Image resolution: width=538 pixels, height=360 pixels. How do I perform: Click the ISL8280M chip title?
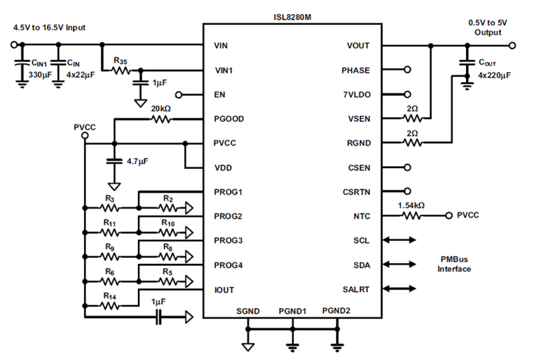coord(292,17)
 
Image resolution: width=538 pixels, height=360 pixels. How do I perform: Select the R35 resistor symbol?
coord(121,70)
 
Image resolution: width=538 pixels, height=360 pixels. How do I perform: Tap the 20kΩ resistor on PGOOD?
coord(161,120)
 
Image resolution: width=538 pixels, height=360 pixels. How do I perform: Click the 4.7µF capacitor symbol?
coord(114,162)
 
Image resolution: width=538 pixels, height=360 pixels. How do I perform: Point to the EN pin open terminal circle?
coord(179,95)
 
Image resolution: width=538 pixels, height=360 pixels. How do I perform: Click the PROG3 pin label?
coord(228,240)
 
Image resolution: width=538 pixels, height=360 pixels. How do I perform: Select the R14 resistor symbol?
coord(110,305)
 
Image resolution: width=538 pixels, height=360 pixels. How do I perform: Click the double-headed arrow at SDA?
coord(399,264)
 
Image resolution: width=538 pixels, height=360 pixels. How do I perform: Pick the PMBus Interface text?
coord(454,264)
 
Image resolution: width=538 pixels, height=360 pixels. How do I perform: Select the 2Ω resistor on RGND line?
coord(413,143)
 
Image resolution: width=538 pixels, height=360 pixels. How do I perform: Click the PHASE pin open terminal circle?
coord(408,70)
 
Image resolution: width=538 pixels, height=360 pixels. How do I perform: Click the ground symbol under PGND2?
coord(337,345)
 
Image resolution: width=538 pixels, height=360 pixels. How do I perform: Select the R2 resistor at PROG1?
coord(167,208)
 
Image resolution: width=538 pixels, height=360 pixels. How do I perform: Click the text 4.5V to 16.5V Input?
coord(49,27)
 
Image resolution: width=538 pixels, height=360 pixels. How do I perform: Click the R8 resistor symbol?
coord(167,256)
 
